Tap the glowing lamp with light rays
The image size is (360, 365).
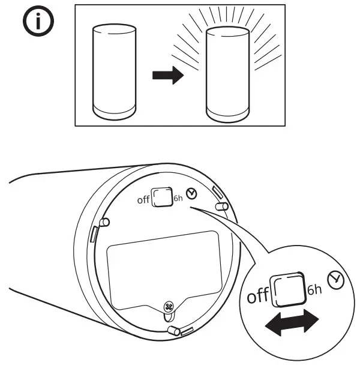click(x=227, y=72)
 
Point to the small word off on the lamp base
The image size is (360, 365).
click(x=143, y=201)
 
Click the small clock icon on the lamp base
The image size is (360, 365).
click(x=191, y=193)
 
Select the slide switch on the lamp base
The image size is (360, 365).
click(x=161, y=198)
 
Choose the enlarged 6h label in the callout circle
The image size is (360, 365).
click(x=314, y=289)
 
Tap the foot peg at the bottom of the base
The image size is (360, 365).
click(x=175, y=330)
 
